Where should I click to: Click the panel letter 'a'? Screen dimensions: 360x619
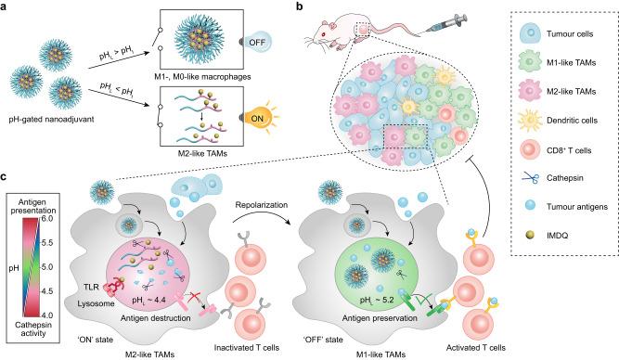click(x=7, y=7)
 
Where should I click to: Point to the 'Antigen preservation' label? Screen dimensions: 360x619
click(x=379, y=321)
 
